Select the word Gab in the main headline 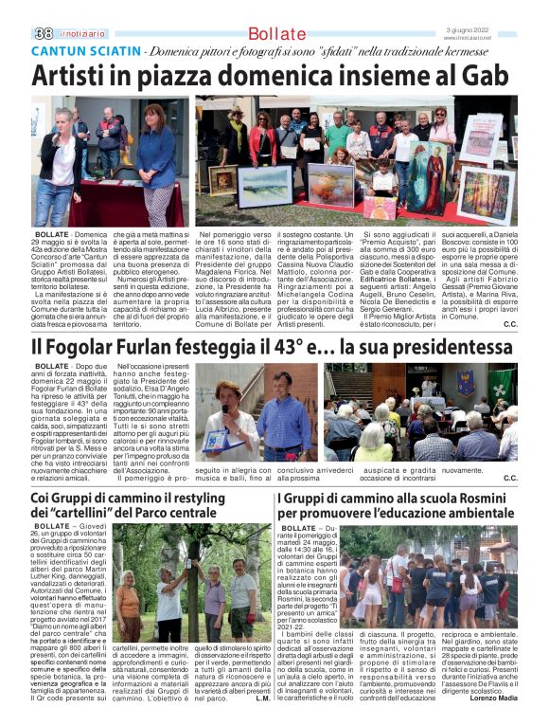click(x=485, y=77)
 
